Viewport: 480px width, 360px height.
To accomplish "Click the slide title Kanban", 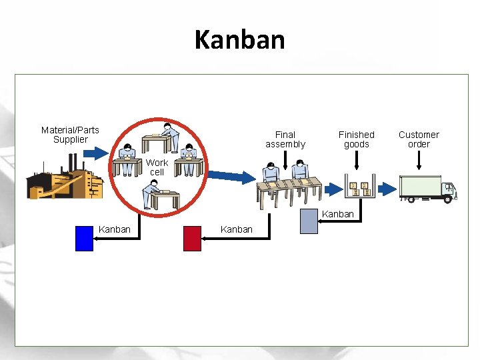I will [x=239, y=40].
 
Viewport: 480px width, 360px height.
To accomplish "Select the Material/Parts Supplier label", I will [x=70, y=135].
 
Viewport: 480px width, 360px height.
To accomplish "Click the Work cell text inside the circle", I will [x=157, y=167].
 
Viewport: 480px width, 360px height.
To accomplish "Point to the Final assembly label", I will [x=285, y=139].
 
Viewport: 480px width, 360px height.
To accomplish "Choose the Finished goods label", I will [x=356, y=139].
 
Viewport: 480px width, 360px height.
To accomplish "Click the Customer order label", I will [x=419, y=139].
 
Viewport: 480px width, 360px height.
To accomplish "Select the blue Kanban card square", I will [x=84, y=238].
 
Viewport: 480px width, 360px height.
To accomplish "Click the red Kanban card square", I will [x=192, y=238].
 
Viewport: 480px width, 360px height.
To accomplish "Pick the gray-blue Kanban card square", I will [x=309, y=222].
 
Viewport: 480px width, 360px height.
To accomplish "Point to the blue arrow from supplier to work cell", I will [x=99, y=153].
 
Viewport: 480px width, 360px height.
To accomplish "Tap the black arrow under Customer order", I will [x=419, y=159].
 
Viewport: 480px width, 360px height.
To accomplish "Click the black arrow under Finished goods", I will [x=357, y=159].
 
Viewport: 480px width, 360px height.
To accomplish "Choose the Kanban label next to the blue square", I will [x=115, y=229].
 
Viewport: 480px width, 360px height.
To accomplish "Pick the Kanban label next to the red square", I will [x=236, y=229].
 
